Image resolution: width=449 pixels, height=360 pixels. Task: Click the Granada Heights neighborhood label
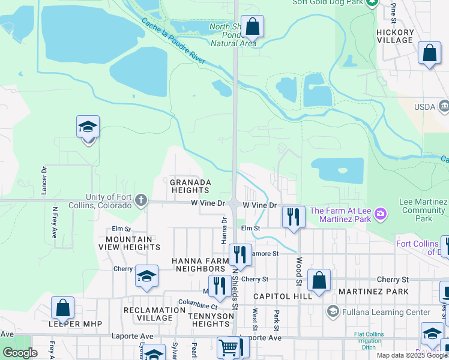click(x=190, y=186)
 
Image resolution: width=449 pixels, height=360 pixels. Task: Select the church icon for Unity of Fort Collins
click(x=141, y=200)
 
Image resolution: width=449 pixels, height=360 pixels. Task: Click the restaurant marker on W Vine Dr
click(x=293, y=216)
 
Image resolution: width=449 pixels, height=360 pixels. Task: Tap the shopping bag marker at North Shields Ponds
click(x=253, y=27)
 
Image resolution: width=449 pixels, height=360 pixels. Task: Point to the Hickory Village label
click(x=395, y=37)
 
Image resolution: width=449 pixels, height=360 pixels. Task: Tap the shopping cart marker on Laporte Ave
click(x=229, y=347)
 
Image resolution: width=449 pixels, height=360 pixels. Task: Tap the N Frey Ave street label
click(x=55, y=223)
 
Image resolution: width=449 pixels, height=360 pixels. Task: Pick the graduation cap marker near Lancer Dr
click(x=88, y=127)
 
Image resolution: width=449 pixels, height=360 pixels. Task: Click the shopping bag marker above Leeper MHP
click(x=63, y=308)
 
